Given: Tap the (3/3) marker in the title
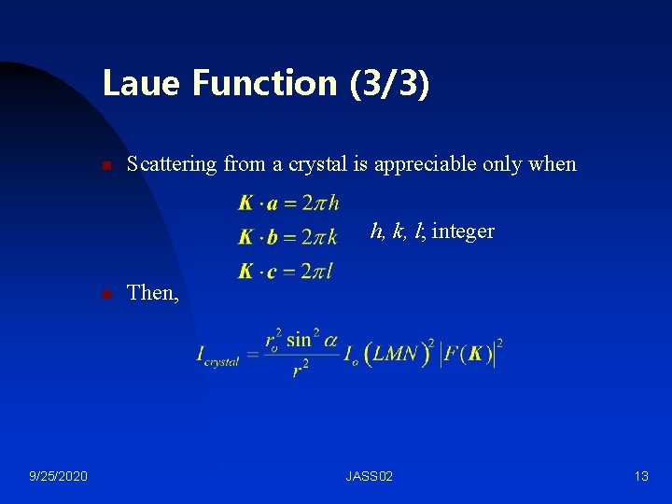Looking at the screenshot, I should [x=390, y=83].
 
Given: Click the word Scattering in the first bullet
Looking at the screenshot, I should [x=173, y=164].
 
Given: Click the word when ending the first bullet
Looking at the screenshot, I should [x=553, y=164].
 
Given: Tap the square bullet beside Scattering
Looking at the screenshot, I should [x=106, y=166].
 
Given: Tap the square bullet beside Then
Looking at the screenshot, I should [x=106, y=294].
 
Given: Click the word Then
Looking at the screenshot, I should [x=152, y=293].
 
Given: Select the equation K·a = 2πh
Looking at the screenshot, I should [x=288, y=203].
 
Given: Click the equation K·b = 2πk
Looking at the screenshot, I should [x=288, y=237].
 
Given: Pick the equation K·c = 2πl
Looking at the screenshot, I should [x=286, y=272].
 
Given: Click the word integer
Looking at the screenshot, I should [x=463, y=231].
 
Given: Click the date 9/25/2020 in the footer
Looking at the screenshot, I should [x=59, y=477].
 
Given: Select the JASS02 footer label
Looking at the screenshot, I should [x=369, y=477].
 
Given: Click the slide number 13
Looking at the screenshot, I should [x=640, y=477].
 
